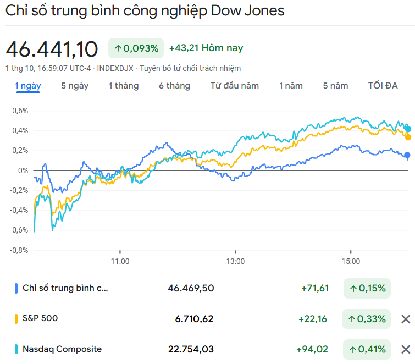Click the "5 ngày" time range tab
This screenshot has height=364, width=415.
[x=75, y=86]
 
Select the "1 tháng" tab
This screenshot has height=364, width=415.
[x=123, y=86]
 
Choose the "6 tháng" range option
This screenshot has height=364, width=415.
[x=174, y=86]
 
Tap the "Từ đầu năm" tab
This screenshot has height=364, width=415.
[x=235, y=86]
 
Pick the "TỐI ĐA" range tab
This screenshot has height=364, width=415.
[x=383, y=86]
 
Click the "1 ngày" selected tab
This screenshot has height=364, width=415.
[x=27, y=86]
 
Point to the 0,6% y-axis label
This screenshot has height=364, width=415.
[x=20, y=111]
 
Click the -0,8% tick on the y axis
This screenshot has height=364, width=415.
[x=19, y=250]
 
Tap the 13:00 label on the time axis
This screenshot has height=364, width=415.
[x=235, y=262]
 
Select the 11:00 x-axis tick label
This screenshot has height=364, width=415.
[x=120, y=262]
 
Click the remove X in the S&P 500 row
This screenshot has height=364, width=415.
[x=406, y=319]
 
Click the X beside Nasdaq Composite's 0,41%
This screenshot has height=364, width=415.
[x=406, y=349]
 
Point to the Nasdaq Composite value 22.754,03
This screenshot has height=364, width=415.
[x=191, y=349]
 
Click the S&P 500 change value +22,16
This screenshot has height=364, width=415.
[x=313, y=319]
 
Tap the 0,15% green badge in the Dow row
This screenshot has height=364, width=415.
[x=367, y=288]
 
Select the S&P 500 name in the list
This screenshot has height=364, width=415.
[x=40, y=318]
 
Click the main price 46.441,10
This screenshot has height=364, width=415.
[x=52, y=49]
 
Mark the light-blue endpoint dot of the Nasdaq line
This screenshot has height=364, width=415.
[x=408, y=129]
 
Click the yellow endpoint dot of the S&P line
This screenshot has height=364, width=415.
[x=408, y=137]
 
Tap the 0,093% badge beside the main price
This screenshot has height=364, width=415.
[x=136, y=48]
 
